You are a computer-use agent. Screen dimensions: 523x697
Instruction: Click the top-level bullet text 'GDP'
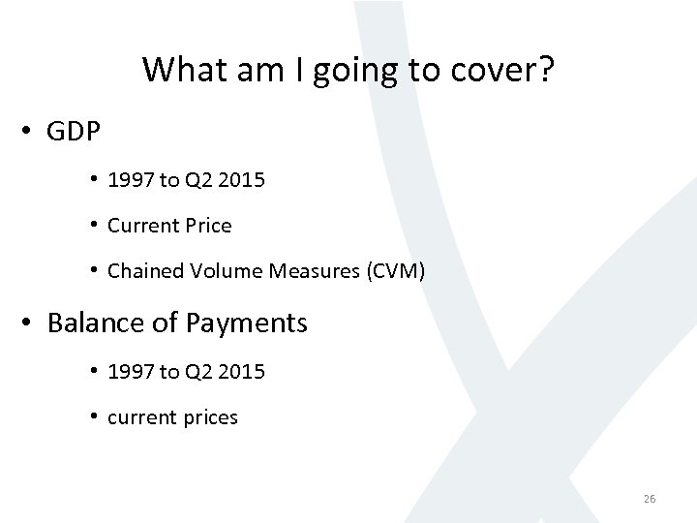(74, 132)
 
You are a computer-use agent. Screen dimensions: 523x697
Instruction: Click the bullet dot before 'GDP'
(27, 132)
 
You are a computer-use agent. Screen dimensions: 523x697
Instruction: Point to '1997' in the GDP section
(129, 179)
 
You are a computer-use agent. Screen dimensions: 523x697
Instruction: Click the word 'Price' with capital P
(208, 226)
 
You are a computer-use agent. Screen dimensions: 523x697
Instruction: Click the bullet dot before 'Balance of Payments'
(27, 323)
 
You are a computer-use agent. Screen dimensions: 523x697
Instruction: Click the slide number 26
(650, 499)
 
